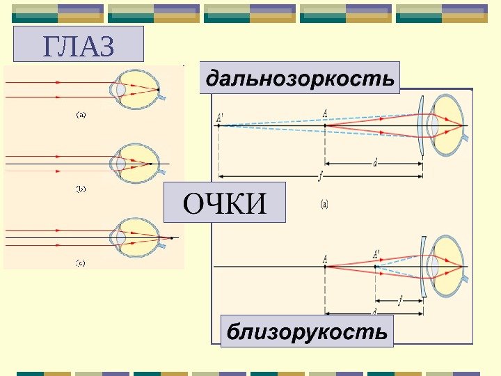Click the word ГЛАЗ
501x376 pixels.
[x=78, y=46]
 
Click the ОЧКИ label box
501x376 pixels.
[x=224, y=203]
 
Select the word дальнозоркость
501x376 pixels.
[x=300, y=78]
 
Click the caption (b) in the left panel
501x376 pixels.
[x=81, y=188]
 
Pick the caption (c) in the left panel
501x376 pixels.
[x=81, y=263]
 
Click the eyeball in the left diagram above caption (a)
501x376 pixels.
[x=139, y=88]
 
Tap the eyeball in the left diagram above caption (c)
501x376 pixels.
[x=139, y=237]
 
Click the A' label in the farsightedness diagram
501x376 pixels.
[x=219, y=118]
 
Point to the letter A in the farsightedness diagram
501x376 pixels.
[x=325, y=113]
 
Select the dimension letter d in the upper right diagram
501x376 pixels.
[x=375, y=163]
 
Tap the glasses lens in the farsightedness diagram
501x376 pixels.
[x=421, y=126]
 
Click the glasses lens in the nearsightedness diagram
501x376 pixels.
[x=423, y=268]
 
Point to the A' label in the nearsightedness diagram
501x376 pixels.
[x=376, y=254]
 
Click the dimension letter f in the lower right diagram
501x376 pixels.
[x=399, y=301]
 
